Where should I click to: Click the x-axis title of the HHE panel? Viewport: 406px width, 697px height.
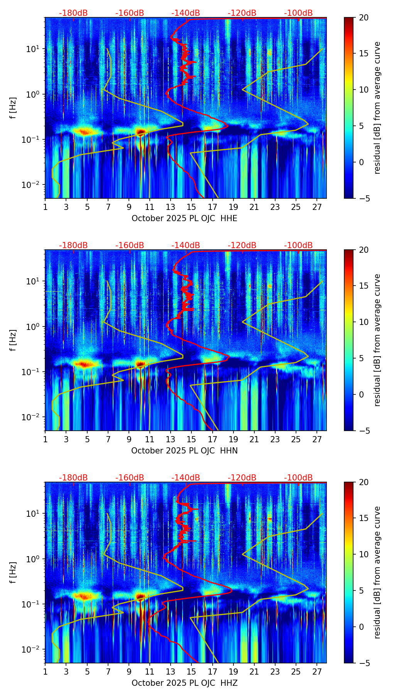click(184, 218)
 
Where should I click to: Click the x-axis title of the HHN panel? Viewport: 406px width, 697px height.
click(184, 451)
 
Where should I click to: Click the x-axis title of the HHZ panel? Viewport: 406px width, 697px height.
click(184, 683)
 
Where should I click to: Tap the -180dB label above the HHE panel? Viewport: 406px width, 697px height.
click(73, 13)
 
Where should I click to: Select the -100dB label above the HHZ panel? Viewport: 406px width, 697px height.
click(298, 478)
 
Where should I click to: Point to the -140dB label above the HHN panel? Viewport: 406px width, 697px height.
click(186, 245)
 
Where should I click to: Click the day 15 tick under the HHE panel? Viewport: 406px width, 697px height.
click(191, 206)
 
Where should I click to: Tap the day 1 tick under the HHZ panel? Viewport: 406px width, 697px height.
click(46, 671)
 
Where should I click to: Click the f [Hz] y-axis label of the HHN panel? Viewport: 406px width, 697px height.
click(13, 340)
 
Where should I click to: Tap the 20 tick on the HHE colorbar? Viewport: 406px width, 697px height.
click(364, 18)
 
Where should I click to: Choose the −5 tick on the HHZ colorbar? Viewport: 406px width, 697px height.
click(364, 663)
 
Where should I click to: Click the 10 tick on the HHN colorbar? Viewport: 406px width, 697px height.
click(364, 322)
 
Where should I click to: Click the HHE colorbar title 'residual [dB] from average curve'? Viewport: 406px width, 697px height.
click(377, 108)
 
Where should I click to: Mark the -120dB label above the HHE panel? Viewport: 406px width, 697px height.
click(242, 13)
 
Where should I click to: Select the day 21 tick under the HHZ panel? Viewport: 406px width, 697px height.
click(254, 671)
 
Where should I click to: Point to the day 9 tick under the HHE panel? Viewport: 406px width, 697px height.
click(129, 206)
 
